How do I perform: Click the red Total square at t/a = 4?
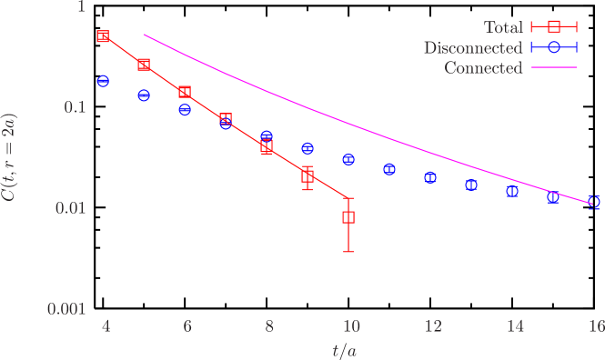[x=103, y=36]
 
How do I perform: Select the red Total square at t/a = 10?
[x=348, y=217]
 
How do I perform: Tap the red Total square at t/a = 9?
[x=308, y=175]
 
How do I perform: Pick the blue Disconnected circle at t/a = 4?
[x=103, y=81]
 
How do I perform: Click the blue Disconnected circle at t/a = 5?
[x=144, y=95]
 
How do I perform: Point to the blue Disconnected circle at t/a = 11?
[x=389, y=169]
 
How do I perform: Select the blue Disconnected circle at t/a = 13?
[x=471, y=185]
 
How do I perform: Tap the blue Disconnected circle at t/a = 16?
[x=594, y=202]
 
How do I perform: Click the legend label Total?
[x=502, y=27]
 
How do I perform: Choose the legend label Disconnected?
[x=472, y=47]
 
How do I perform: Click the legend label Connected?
[x=482, y=68]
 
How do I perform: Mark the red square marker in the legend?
[x=554, y=27]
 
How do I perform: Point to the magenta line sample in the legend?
[x=554, y=68]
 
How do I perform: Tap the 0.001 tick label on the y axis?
[x=66, y=309]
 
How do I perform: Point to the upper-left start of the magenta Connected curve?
[x=144, y=35]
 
